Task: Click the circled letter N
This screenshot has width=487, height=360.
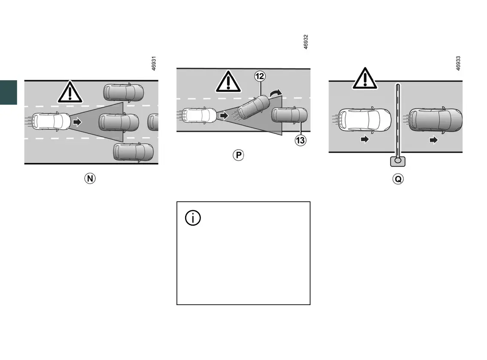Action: tap(89, 178)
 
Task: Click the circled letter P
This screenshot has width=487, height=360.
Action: tap(238, 155)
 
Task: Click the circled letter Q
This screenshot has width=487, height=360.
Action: tap(398, 178)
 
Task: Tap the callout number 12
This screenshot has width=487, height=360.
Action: tap(260, 77)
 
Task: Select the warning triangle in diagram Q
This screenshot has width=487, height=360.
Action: tap(365, 79)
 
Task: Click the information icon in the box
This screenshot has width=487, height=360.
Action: tap(193, 218)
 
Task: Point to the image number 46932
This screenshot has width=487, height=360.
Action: tap(306, 42)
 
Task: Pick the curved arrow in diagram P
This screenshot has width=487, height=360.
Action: tap(274, 93)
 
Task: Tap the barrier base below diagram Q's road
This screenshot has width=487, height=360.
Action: tap(398, 161)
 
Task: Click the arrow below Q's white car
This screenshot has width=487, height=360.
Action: tap(365, 140)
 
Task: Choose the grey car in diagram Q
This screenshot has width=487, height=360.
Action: tap(435, 120)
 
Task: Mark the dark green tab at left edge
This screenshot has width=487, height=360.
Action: tap(8, 92)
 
